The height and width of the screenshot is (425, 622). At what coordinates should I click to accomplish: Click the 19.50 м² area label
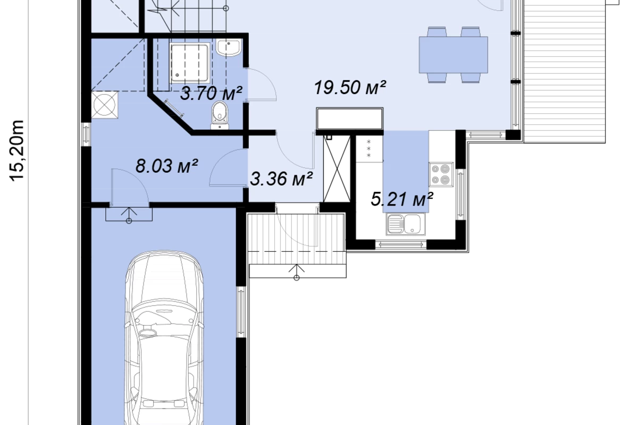[x=350, y=87]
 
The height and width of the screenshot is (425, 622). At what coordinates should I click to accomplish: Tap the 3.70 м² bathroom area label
[x=211, y=93]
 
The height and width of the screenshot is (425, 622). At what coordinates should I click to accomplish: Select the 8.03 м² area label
[x=166, y=166]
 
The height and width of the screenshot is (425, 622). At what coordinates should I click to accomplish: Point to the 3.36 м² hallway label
[x=281, y=179]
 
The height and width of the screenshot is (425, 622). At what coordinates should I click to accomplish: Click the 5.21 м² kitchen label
[x=402, y=199]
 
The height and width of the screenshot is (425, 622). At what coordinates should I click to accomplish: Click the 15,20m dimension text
[x=18, y=151]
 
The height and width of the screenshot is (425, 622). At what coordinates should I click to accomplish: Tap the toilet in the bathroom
[x=220, y=115]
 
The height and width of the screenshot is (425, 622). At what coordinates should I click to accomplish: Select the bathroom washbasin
[x=229, y=48]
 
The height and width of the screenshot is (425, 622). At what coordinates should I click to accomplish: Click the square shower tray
[x=190, y=63]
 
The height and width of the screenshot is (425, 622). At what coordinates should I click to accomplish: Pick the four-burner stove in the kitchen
[x=441, y=174]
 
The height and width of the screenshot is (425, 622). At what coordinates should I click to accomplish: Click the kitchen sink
[x=405, y=224]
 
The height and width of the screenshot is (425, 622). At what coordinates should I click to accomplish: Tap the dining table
[x=453, y=54]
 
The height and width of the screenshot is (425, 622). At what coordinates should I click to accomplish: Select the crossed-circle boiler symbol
[x=105, y=105]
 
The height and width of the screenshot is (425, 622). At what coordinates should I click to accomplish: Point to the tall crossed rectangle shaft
[x=337, y=169]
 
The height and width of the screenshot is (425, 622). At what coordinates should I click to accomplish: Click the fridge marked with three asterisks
[x=369, y=149]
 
